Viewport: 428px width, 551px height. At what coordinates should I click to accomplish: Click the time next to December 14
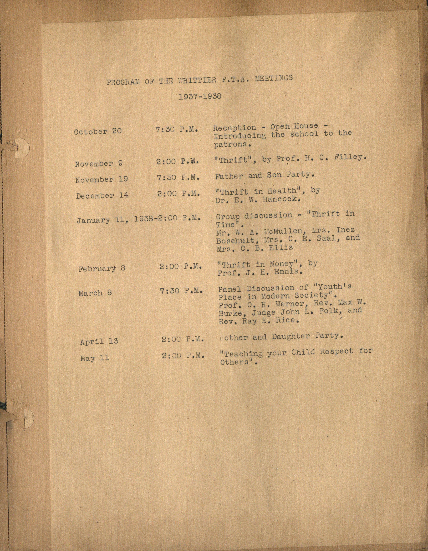click(178, 194)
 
